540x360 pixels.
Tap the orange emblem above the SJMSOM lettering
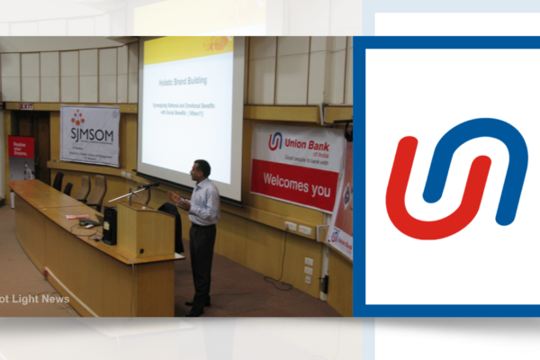click(78, 118)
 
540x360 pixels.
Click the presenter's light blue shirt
click(204, 202)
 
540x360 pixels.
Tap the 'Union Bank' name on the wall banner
click(307, 141)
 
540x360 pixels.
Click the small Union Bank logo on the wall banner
click(274, 141)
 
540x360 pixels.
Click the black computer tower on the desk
click(110, 226)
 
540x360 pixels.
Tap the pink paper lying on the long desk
click(78, 216)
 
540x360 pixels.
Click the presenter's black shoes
click(193, 311)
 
